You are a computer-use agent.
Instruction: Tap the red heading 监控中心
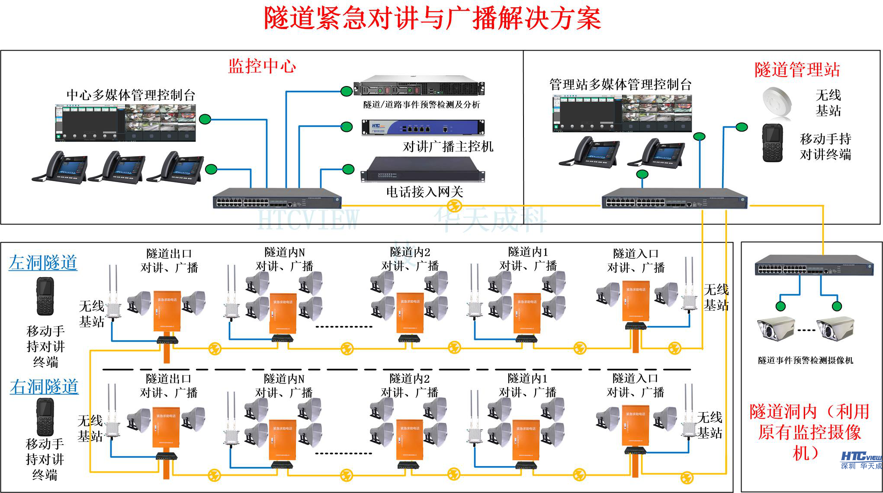[262, 66]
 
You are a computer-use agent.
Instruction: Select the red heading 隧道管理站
[797, 70]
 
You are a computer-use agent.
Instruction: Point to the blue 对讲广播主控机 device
[423, 128]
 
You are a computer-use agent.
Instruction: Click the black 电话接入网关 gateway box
[423, 170]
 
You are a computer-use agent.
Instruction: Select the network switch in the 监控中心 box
[277, 198]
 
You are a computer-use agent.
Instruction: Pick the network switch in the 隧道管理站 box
[674, 198]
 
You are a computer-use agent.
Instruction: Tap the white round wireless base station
[777, 102]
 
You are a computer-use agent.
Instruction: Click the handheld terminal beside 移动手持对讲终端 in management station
[772, 143]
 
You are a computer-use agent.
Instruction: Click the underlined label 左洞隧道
[43, 263]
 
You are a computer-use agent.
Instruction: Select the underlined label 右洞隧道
[44, 387]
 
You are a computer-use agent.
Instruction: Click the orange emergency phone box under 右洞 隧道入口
[636, 426]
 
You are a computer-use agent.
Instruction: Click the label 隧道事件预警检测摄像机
[805, 360]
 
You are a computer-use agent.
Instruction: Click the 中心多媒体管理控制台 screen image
[125, 123]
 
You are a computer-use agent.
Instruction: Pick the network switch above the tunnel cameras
[814, 265]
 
